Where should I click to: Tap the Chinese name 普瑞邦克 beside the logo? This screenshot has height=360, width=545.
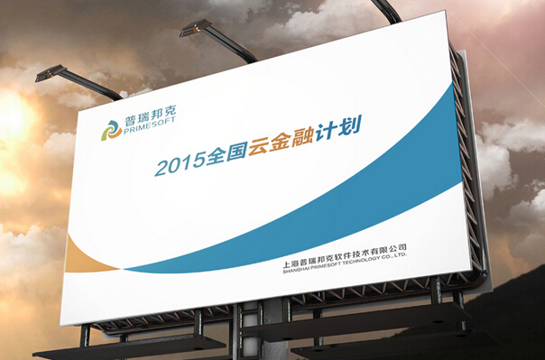point(150,118)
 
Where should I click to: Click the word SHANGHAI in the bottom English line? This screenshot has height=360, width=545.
point(299,268)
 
